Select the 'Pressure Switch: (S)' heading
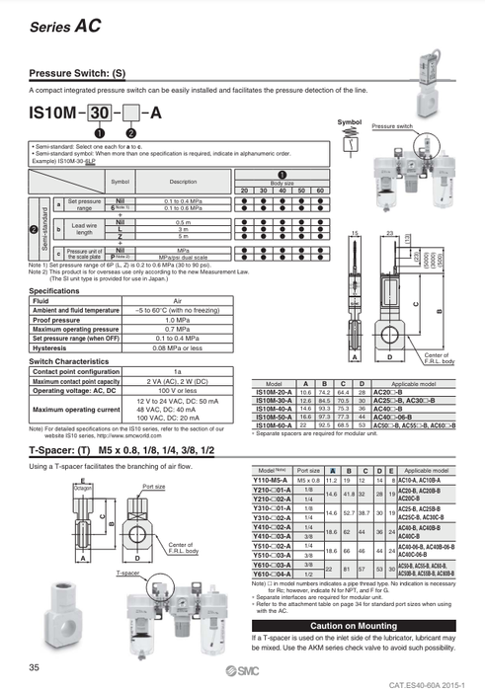coord(77,74)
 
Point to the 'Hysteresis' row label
coord(50,347)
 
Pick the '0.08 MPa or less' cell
coord(178,347)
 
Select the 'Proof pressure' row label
coord(58,320)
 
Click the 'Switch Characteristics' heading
coord(74,361)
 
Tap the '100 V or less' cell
coord(178,390)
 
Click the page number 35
coord(36,668)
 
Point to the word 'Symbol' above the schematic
coord(349,121)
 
